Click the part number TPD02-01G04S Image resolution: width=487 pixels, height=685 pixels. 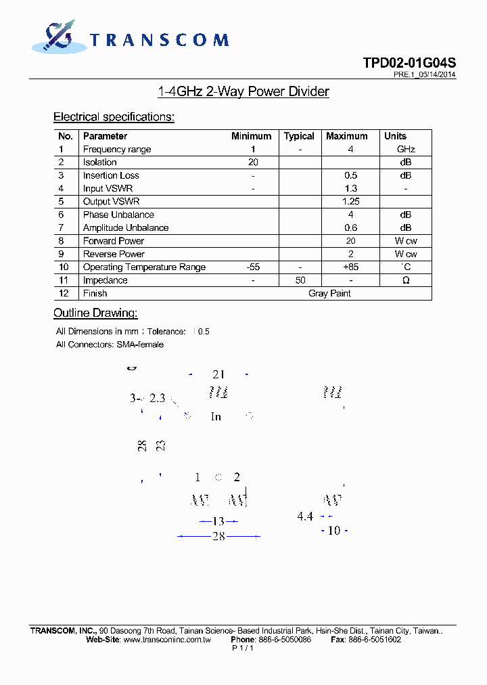click(409, 63)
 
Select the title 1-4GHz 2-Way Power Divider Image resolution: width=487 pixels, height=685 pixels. click(243, 91)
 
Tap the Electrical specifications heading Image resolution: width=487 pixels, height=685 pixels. click(114, 117)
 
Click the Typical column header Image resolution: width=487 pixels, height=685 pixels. click(299, 136)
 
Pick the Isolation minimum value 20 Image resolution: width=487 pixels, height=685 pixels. click(253, 162)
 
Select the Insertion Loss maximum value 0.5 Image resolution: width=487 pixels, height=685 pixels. click(350, 175)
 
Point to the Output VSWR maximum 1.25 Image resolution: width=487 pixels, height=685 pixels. click(350, 202)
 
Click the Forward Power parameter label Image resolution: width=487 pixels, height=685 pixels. click(114, 241)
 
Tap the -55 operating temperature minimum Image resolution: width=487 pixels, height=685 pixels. click(253, 267)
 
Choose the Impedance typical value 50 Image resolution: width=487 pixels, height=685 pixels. click(300, 280)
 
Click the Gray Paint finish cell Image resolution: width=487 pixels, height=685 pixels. click(329, 293)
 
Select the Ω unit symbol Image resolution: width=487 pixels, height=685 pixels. click(406, 280)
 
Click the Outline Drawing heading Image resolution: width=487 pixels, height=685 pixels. click(95, 313)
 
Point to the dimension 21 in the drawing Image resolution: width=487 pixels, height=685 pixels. click(218, 374)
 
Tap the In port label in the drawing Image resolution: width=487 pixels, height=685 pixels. click(216, 417)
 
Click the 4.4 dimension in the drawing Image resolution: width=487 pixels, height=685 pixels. click(305, 516)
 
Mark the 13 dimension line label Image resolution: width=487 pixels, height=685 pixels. click(218, 521)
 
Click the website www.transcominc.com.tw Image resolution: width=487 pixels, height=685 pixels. click(167, 640)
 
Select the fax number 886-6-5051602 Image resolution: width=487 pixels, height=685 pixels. click(375, 640)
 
